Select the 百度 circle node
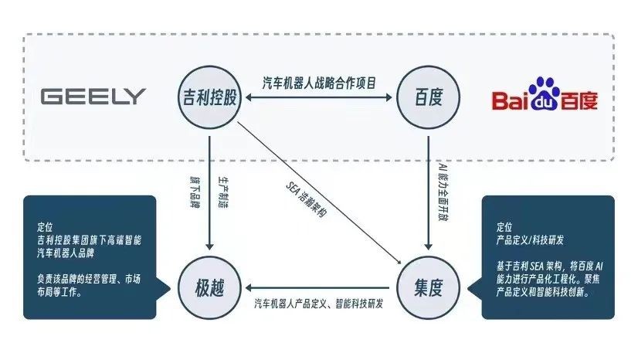428,97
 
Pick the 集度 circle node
428,288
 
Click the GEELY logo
93,97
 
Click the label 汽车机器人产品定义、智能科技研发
319,304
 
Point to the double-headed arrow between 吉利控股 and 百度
318,98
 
